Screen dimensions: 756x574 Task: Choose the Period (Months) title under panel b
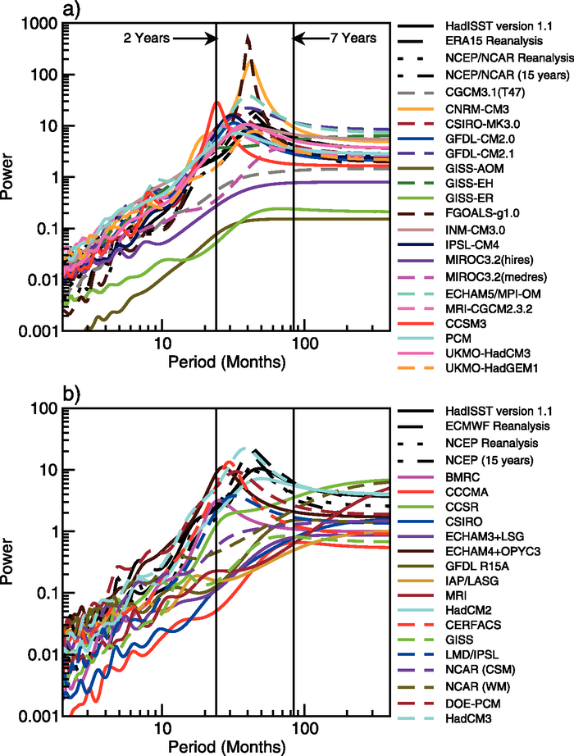(x=225, y=748)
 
